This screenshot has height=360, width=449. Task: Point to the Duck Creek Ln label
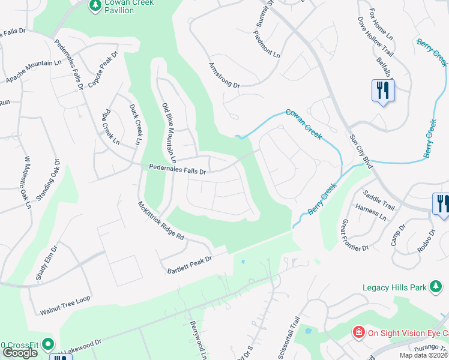[135, 124]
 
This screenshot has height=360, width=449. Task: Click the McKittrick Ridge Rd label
[161, 220]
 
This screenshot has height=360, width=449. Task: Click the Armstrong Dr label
[224, 75]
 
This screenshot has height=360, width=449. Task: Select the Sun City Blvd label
[361, 149]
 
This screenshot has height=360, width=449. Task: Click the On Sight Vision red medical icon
[358, 332]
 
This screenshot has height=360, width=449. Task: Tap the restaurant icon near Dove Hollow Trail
[382, 91]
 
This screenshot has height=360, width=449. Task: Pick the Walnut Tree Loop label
[65, 305]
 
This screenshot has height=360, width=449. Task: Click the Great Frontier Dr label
[354, 235]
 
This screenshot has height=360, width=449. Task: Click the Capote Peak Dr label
[101, 69]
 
